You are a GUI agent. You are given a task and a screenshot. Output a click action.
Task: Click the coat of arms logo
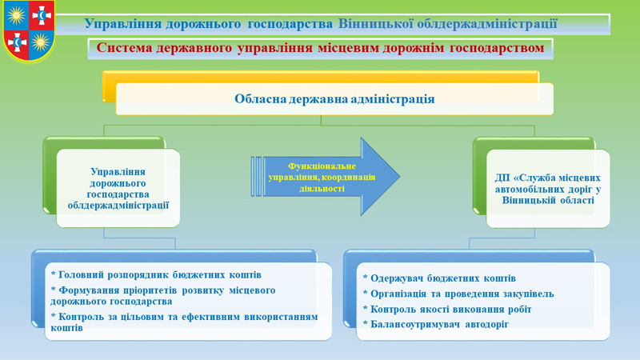29,30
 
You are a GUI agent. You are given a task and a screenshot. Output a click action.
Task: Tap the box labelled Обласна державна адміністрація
334,98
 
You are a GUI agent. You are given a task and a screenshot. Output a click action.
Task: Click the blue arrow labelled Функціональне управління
326,177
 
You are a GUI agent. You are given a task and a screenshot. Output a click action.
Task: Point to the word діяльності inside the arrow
322,189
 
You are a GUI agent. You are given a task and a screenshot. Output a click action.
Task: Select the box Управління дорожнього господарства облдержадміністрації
118,188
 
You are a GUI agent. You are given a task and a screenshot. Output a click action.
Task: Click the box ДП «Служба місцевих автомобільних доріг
548,189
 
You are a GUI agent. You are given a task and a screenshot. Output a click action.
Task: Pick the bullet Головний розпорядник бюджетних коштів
156,274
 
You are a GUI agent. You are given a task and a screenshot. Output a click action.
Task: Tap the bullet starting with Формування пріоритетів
163,295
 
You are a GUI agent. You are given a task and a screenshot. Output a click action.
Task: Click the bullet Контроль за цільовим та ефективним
184,322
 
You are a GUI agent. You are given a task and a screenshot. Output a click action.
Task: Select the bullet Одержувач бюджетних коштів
439,278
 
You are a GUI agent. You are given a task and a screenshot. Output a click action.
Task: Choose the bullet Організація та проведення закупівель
458,294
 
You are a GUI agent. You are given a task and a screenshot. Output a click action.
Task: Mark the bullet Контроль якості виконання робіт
447,310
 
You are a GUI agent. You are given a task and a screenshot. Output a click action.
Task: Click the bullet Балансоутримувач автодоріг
436,325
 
